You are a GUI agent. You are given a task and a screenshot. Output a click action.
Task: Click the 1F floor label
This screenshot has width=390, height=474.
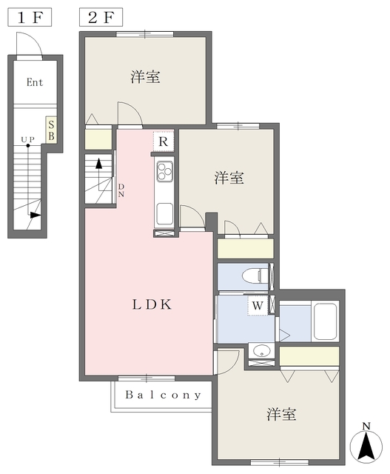(30, 18)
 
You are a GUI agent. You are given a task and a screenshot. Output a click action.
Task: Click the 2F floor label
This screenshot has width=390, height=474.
(101, 18)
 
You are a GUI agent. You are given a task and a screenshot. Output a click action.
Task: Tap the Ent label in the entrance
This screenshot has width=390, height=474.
(35, 82)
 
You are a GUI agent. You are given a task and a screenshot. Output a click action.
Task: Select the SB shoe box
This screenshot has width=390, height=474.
(51, 130)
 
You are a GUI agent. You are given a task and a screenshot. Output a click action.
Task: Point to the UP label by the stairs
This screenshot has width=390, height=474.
(28, 139)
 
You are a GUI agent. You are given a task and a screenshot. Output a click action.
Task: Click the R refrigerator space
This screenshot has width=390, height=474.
(163, 141)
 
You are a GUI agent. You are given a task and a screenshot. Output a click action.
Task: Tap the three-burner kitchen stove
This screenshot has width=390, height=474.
(164, 171)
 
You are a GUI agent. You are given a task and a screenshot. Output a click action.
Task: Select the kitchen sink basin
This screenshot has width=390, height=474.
(164, 214)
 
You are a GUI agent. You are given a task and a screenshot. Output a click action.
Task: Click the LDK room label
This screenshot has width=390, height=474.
(152, 304)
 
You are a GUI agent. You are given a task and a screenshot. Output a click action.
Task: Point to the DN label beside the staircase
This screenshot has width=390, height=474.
(121, 190)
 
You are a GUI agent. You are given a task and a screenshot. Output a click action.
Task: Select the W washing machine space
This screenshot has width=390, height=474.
(258, 306)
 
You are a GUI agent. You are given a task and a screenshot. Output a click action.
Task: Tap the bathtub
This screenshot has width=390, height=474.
(325, 321)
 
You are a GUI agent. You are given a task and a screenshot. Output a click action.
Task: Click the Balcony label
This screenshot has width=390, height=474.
(164, 395)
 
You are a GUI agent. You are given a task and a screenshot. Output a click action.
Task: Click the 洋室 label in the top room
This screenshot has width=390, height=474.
(145, 77)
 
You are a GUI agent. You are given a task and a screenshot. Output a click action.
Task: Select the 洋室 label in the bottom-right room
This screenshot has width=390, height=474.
(281, 414)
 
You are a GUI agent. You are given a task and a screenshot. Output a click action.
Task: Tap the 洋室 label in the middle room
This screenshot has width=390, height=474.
(229, 178)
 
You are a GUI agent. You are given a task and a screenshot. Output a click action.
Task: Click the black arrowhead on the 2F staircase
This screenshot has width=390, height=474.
(98, 164)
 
